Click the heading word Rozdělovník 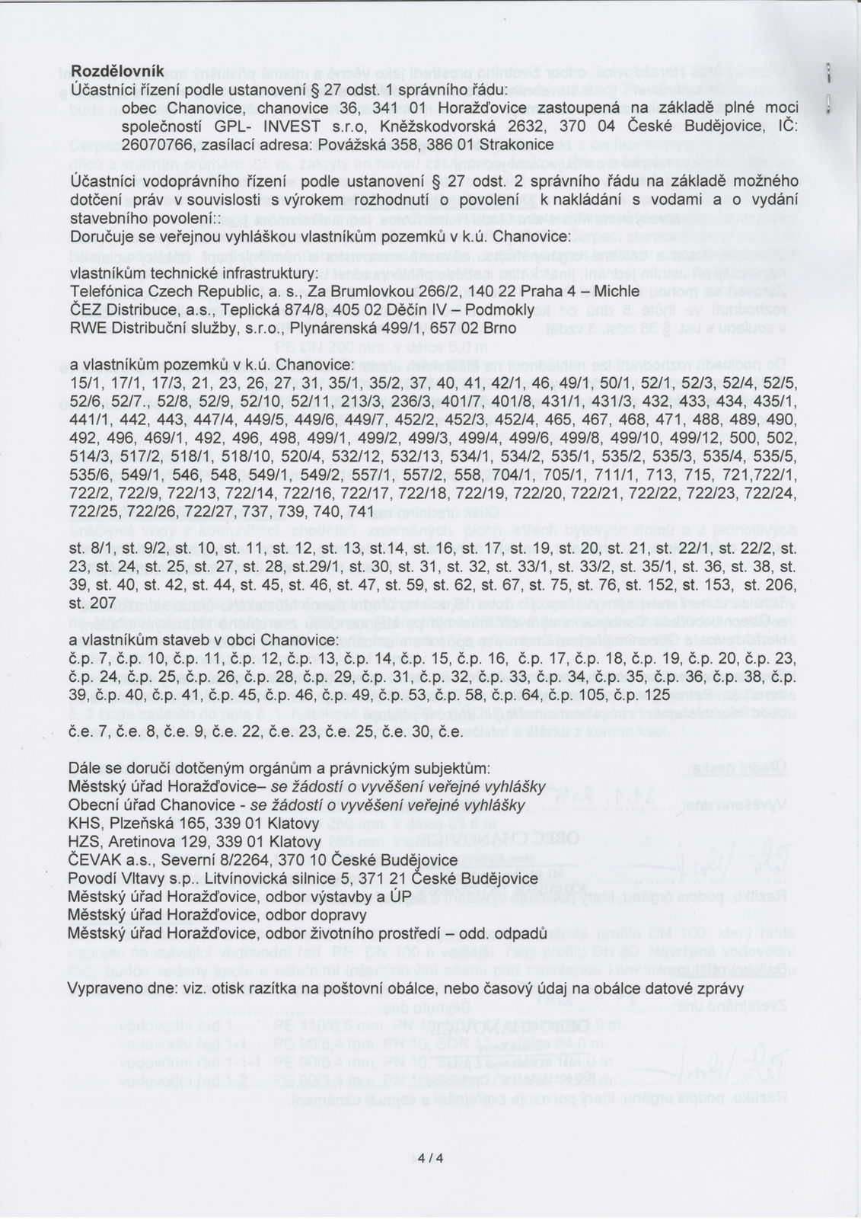(x=116, y=71)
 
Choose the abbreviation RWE (x=86, y=327)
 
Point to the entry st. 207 (x=92, y=602)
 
